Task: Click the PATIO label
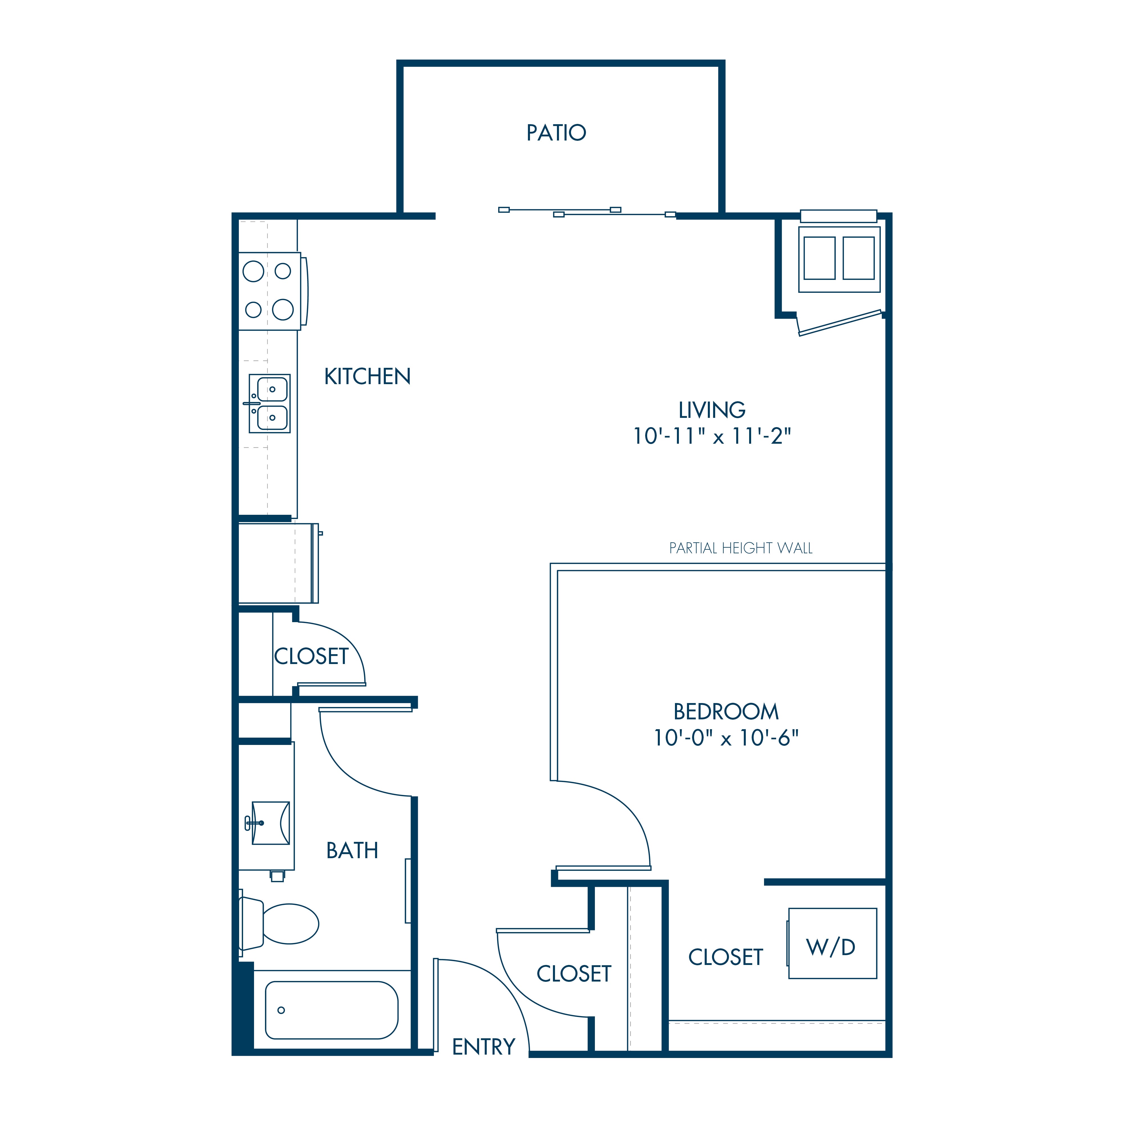point(556,133)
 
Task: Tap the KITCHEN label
point(367,377)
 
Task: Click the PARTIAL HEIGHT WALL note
point(741,548)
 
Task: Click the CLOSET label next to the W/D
point(726,957)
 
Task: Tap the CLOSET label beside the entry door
point(574,973)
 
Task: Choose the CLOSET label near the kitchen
point(311,656)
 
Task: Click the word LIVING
point(712,410)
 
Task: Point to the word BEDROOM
point(726,711)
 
